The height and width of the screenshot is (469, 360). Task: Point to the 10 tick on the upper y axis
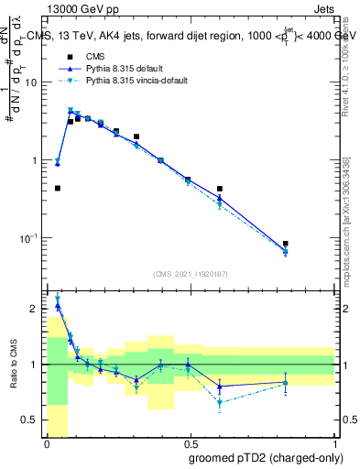click(x=34, y=82)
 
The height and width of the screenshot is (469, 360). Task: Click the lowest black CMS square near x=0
click(x=58, y=188)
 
